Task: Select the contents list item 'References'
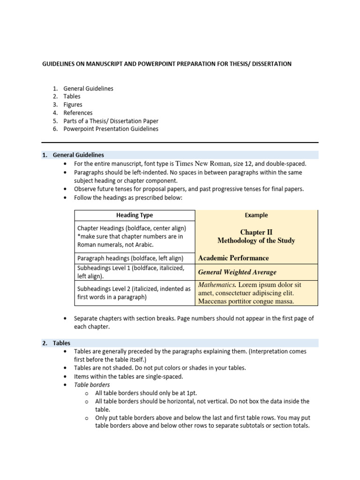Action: coord(78,112)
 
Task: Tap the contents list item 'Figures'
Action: coord(73,105)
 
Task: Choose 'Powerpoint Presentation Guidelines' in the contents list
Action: coord(111,128)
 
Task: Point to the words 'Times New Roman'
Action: coord(203,164)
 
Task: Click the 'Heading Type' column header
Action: coord(135,215)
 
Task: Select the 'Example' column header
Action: coord(256,215)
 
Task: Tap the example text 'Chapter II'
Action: coord(256,232)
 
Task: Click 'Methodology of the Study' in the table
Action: coord(256,241)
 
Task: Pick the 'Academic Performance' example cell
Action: coord(233,258)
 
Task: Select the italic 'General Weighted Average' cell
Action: coord(237,272)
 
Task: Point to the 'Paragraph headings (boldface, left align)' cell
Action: coord(130,258)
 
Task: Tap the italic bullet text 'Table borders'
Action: coord(92,385)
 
